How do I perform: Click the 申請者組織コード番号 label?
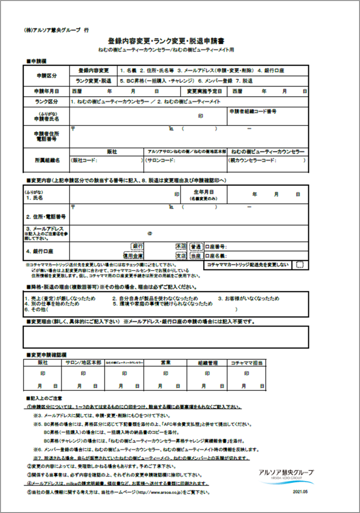[x=253, y=111]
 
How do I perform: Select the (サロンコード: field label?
[x=160, y=161]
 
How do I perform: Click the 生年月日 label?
[x=203, y=192]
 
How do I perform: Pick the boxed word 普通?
[x=196, y=246]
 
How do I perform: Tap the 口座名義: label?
[x=217, y=256]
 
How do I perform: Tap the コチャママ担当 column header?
[x=246, y=363]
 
